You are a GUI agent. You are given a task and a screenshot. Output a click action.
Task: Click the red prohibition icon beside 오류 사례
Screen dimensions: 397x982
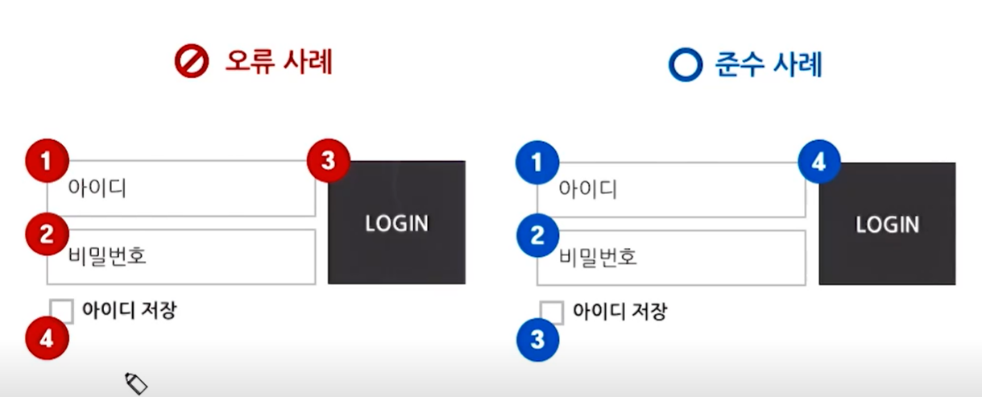pyautogui.click(x=192, y=63)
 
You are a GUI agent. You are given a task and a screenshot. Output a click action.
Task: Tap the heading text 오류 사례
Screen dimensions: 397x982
pyautogui.click(x=278, y=63)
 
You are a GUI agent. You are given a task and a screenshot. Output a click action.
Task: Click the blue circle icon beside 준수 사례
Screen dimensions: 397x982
pyautogui.click(x=686, y=65)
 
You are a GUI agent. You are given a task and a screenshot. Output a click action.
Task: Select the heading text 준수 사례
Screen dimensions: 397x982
pyautogui.click(x=769, y=64)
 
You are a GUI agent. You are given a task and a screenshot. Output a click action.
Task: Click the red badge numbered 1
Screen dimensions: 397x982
pyautogui.click(x=46, y=161)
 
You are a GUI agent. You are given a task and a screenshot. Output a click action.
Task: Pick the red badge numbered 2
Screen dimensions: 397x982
pyautogui.click(x=46, y=234)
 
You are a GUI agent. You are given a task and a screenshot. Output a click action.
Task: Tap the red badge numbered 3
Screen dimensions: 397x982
pyautogui.click(x=328, y=160)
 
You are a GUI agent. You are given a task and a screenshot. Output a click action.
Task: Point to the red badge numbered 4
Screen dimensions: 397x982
pyautogui.click(x=46, y=338)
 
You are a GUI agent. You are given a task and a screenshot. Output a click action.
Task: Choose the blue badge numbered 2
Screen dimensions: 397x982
pyautogui.click(x=537, y=236)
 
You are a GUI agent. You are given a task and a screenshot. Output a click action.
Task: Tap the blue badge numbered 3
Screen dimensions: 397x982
pyautogui.click(x=537, y=340)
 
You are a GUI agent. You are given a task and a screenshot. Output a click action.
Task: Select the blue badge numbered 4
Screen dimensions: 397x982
pyautogui.click(x=818, y=162)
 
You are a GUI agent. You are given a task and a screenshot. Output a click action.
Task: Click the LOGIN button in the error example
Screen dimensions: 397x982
pyautogui.click(x=396, y=223)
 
